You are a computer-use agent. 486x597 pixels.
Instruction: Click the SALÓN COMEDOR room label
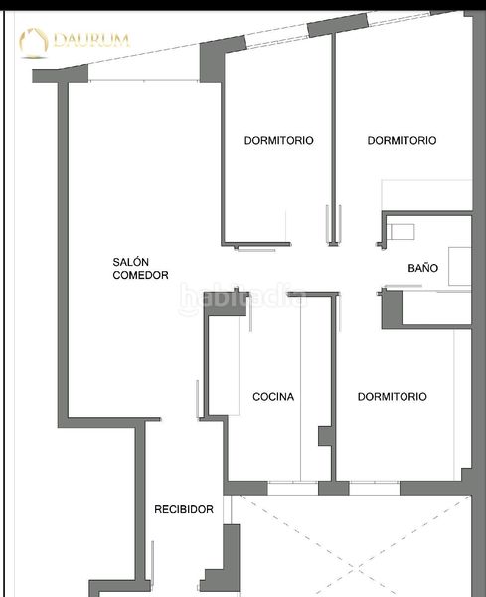click(140, 268)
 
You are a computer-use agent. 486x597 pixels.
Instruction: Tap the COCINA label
click(273, 397)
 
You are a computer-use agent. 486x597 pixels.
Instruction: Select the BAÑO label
click(422, 268)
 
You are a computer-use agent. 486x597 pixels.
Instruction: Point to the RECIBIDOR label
click(184, 509)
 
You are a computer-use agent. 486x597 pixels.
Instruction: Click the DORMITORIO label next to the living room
click(278, 140)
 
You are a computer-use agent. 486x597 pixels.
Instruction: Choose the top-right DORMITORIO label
click(402, 140)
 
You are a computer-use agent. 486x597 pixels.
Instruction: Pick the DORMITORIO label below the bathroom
click(392, 396)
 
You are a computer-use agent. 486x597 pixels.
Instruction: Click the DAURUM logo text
click(91, 40)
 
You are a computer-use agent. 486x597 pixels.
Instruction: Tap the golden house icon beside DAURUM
click(34, 43)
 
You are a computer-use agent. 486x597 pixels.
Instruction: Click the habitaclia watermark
click(243, 298)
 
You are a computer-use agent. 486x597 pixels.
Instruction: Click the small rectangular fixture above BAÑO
click(401, 232)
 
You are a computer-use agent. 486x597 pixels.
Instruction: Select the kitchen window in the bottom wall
click(293, 488)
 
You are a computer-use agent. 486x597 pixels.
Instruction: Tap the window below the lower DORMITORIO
click(375, 488)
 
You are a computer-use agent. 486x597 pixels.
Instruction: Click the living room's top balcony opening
click(143, 80)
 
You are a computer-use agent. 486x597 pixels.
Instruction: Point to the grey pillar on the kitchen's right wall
click(325, 436)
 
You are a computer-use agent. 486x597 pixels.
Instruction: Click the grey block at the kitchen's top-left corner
click(226, 303)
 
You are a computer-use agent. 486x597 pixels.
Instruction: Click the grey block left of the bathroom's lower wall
click(392, 309)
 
